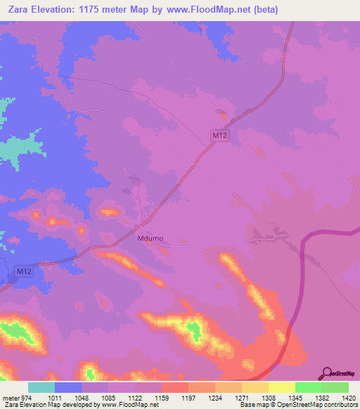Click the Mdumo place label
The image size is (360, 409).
[150, 238]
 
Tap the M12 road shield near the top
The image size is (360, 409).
[220, 134]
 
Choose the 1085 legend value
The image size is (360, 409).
[108, 398]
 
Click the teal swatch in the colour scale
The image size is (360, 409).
[41, 387]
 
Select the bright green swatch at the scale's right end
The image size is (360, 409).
[335, 387]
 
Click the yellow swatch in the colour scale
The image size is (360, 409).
[281, 387]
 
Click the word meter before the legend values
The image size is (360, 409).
[9, 398]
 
